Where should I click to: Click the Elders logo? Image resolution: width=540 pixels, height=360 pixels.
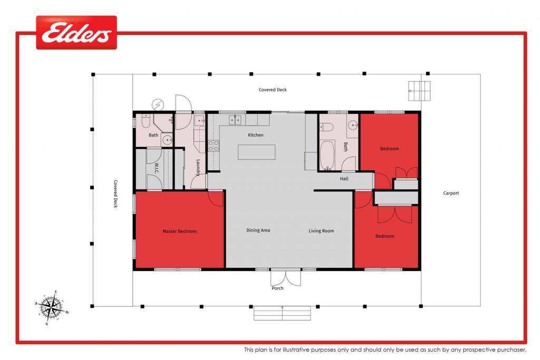[x=76, y=32]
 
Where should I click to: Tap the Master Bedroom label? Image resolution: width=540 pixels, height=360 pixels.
[x=180, y=231]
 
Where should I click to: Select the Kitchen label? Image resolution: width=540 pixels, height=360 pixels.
[x=256, y=135]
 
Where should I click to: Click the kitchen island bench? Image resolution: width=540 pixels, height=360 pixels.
[x=257, y=152]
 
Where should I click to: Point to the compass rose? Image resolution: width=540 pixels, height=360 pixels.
[x=52, y=307]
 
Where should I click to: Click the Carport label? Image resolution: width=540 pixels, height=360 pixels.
[x=451, y=193]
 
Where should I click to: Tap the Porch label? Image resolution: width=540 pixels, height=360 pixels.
[x=277, y=288]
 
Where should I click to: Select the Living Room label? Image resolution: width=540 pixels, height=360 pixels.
[x=321, y=231]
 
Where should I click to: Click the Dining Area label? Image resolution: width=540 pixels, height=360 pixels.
[x=258, y=230]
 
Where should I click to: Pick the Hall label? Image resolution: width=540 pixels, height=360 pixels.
[x=344, y=179]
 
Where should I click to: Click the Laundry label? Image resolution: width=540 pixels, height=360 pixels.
[x=198, y=168]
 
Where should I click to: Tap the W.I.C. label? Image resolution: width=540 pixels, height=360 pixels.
[x=157, y=168]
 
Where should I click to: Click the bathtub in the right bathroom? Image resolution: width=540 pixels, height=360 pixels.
[x=327, y=155]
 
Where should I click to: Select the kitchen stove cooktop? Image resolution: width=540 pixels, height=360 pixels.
[x=213, y=146]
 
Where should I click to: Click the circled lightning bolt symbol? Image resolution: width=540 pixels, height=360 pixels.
[x=158, y=104]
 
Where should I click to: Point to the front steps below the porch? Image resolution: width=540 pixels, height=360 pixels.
[x=283, y=313]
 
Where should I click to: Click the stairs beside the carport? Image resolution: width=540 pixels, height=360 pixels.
[x=419, y=91]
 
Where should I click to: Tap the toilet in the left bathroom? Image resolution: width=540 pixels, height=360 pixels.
[x=146, y=121]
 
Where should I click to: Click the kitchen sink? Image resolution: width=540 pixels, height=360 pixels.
[x=235, y=120]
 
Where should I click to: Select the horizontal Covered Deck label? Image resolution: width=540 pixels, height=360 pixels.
[x=273, y=90]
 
